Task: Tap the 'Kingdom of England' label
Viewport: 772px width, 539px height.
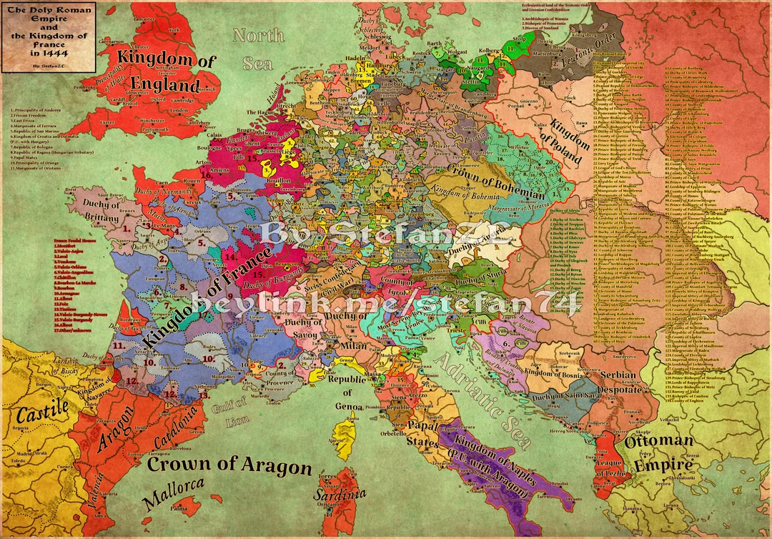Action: tap(165, 73)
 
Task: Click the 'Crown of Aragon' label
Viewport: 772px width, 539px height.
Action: tap(229, 465)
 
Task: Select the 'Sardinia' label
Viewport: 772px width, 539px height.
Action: tap(346, 494)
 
